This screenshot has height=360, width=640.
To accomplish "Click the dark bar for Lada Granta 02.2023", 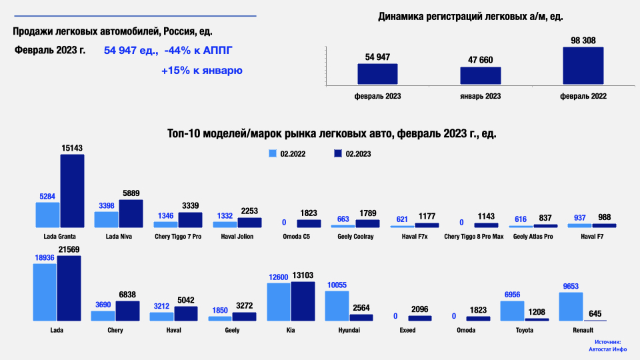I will point(72,191).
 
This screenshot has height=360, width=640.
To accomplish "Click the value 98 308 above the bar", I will point(583,40).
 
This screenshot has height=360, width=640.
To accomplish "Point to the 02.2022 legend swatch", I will point(272,153).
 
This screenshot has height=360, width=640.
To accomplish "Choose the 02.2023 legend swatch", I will point(337,153).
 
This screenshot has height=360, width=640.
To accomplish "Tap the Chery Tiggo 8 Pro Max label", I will point(474,236).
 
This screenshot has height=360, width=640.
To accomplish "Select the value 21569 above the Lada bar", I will point(69,249).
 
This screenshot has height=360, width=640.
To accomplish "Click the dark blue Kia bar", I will point(303,301).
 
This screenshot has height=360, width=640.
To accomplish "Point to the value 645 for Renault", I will point(595,314).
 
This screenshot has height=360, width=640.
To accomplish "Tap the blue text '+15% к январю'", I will point(201,70).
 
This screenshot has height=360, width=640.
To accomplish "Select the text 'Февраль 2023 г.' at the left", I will point(51,51).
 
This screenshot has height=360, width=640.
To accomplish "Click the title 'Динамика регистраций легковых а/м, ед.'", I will point(475,17).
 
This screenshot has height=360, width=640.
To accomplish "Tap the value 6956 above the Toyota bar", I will point(512,294).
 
